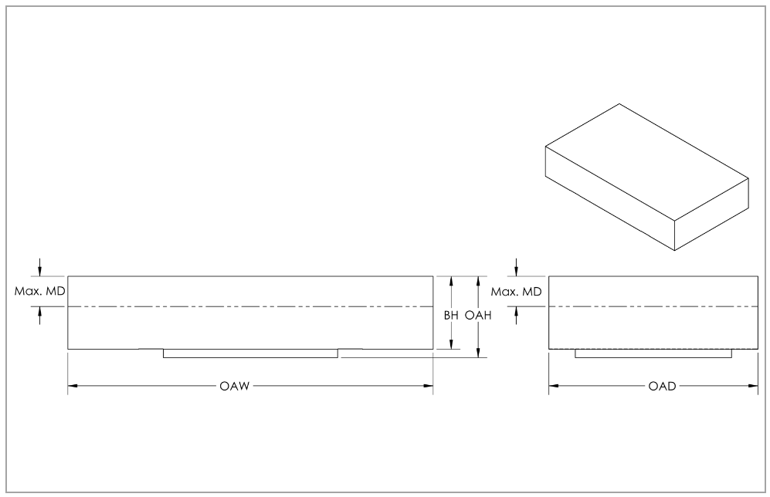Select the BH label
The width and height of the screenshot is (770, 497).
point(449,316)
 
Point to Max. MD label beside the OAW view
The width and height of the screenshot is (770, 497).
point(40,292)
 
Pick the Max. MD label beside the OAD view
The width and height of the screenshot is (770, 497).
point(517,292)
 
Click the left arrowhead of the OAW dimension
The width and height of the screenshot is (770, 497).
point(72,386)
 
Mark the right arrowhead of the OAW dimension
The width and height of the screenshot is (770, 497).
point(429,386)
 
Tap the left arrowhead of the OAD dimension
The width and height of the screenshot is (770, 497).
point(553,386)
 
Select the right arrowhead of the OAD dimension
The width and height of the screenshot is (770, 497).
point(753,386)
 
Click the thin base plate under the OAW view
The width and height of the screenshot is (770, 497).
point(250,353)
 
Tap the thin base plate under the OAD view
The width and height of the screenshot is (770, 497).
point(653,353)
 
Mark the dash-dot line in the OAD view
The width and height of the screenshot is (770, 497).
point(653,306)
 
